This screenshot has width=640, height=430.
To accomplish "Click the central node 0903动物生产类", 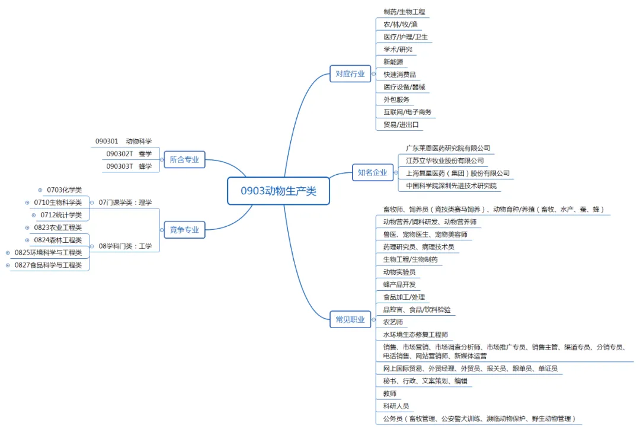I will pyautogui.click(x=278, y=191).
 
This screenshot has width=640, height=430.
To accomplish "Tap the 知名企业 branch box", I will pyautogui.click(x=372, y=173).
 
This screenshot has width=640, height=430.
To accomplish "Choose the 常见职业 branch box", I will pyautogui.click(x=350, y=320).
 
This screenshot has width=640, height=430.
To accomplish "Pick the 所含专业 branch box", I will pyautogui.click(x=184, y=159).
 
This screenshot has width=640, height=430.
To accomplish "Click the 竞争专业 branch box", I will pyautogui.click(x=184, y=230).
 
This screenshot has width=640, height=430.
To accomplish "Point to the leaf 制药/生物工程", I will pyautogui.click(x=404, y=12).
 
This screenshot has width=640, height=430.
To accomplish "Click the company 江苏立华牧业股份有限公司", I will pyautogui.click(x=444, y=161).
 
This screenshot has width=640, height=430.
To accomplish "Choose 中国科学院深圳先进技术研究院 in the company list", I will pyautogui.click(x=450, y=186).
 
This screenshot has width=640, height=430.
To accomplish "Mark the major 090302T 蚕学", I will pyautogui.click(x=129, y=154).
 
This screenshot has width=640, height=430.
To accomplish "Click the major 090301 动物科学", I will pyautogui.click(x=123, y=142).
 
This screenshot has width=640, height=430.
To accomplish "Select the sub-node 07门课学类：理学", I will pyautogui.click(x=125, y=203).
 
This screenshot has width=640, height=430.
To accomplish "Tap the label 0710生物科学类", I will pyautogui.click(x=57, y=203).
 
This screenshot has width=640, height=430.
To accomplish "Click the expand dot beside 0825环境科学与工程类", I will pyautogui.click(x=7, y=253).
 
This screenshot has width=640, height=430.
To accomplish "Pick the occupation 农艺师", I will pyautogui.click(x=393, y=322).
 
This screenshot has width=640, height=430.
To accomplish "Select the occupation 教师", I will pyautogui.click(x=389, y=393).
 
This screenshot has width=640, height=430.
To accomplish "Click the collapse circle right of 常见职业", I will pyautogui.click(x=374, y=320).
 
